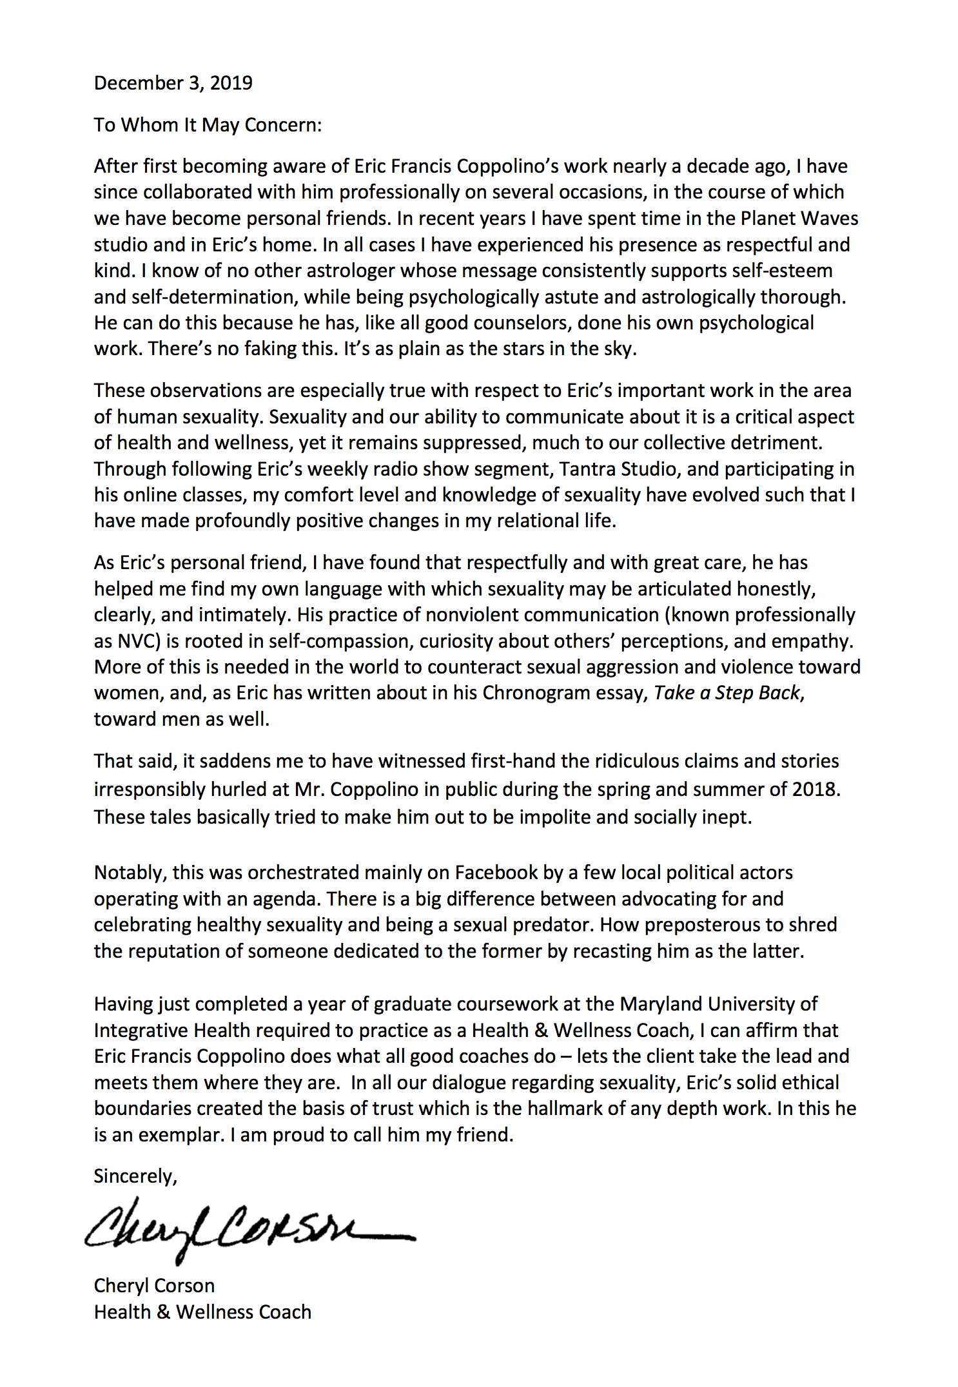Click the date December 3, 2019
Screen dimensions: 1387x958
[x=173, y=83]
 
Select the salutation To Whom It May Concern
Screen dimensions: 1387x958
[x=208, y=124]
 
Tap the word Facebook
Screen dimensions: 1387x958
[x=496, y=873]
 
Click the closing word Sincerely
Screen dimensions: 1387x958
[x=135, y=1176]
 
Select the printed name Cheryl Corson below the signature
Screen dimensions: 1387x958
[x=154, y=1286]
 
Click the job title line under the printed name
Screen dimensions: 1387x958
[x=202, y=1312]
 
